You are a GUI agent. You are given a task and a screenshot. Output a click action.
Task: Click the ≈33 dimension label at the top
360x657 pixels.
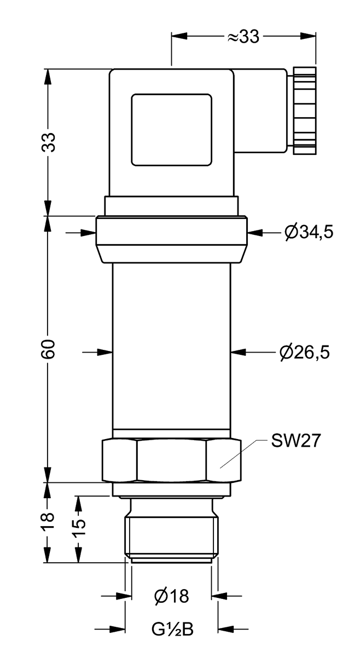(x=243, y=37)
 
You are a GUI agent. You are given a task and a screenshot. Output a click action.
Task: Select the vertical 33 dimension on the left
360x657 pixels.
(x=49, y=142)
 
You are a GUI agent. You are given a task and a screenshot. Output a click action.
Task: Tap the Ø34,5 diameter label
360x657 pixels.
(x=309, y=233)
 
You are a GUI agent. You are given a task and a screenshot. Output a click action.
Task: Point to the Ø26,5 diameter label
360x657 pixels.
(x=304, y=352)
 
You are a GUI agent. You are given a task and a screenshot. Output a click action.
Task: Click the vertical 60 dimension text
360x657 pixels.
(x=49, y=349)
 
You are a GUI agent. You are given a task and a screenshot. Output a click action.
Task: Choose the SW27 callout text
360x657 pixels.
(x=295, y=441)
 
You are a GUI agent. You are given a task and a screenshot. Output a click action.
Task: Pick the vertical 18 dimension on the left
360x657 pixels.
(x=49, y=520)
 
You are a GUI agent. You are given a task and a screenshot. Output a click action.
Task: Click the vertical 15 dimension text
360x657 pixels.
(x=80, y=526)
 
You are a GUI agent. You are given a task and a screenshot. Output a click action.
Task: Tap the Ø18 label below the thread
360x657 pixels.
(x=171, y=596)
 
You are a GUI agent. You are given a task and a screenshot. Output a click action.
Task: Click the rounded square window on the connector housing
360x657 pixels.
(x=171, y=130)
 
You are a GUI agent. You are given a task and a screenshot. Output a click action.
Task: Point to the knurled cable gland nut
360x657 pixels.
(x=304, y=111)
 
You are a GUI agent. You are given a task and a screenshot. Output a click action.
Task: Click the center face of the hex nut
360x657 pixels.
(x=171, y=460)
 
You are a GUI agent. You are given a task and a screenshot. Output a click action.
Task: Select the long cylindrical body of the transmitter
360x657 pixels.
(x=171, y=345)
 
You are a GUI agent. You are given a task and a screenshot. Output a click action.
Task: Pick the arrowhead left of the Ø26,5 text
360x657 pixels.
(x=238, y=352)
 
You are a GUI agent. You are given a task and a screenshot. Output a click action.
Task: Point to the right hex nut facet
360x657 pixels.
(x=223, y=460)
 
